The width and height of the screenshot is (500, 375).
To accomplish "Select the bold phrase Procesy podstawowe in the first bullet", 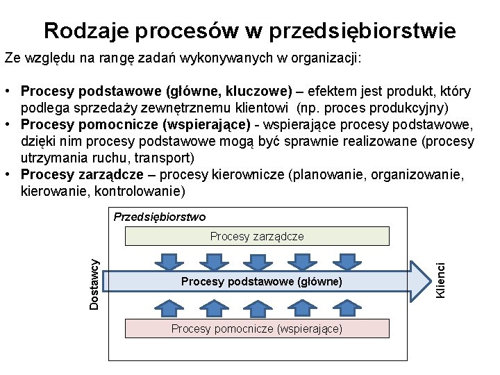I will click(92, 91).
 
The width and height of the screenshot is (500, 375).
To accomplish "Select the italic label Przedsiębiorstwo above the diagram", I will click(160, 217).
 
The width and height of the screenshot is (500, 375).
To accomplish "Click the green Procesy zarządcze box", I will click(257, 237).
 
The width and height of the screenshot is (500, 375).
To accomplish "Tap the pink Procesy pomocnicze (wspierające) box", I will click(257, 328).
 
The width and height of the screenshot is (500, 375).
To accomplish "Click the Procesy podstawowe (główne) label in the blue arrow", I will click(261, 281).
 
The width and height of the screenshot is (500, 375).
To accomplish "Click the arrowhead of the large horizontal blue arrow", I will click(420, 281).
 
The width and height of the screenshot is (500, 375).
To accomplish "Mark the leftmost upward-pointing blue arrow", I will click(167, 303).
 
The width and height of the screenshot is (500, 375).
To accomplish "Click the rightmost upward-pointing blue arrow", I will click(346, 303).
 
